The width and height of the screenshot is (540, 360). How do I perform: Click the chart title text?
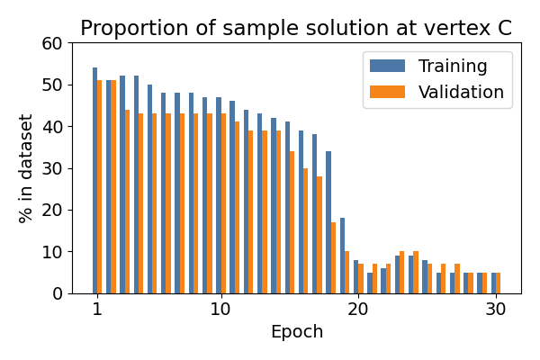tap(296, 28)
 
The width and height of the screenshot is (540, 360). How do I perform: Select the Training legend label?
tap(453, 67)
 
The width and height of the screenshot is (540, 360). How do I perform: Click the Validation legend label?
tap(461, 92)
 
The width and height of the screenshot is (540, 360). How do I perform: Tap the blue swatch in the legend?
tap(388, 67)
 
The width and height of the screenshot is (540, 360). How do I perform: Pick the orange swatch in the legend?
tap(388, 92)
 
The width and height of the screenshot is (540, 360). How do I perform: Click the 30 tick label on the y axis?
tap(55, 168)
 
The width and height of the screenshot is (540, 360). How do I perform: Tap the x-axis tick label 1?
tap(96, 310)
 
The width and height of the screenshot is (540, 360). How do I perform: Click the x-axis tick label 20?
tap(357, 310)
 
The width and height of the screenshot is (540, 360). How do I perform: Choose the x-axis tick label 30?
tap(495, 310)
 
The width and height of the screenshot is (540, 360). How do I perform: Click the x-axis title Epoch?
tap(296, 332)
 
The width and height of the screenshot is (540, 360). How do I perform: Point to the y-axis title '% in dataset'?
tap(26, 168)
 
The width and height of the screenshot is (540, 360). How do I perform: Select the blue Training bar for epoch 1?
tap(94, 180)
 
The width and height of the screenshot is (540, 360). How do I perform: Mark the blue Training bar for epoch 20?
tap(355, 276)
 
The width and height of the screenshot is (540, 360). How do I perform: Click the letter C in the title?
tap(504, 28)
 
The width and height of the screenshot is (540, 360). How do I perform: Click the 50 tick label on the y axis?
tap(55, 85)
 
